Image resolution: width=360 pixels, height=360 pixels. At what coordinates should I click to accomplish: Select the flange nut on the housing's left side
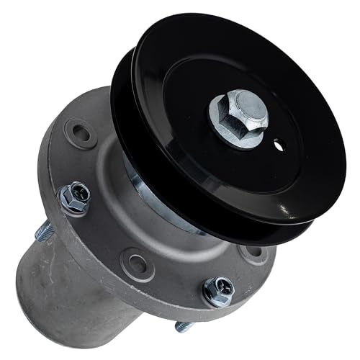coord(74,198)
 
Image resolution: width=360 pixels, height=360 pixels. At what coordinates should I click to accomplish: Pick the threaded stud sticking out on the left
coord(44,230)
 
